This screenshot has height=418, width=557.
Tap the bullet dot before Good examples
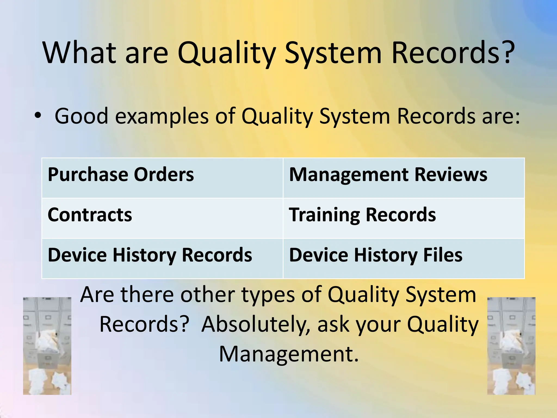[x=38, y=115]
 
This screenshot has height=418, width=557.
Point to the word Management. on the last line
[x=289, y=354]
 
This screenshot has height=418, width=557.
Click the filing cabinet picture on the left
[x=47, y=346]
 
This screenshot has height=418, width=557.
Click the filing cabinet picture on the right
[x=511, y=346]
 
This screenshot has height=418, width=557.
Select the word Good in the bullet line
[x=81, y=116]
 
